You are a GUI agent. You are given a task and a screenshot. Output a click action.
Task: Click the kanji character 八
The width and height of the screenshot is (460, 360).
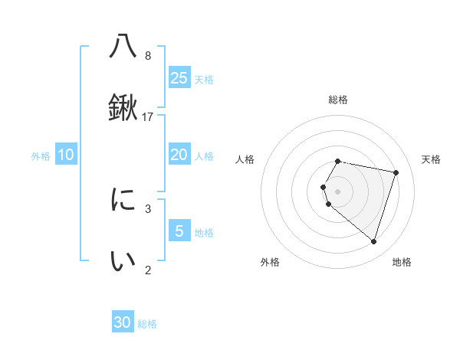(x=123, y=47)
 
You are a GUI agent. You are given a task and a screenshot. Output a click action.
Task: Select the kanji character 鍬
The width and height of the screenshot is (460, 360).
(x=123, y=107)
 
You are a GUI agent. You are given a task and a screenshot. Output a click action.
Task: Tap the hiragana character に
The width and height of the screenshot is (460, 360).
(x=123, y=201)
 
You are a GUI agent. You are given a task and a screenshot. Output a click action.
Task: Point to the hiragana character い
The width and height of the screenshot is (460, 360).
(x=123, y=260)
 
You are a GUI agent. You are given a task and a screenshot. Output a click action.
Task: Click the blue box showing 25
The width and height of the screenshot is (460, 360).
(x=179, y=77)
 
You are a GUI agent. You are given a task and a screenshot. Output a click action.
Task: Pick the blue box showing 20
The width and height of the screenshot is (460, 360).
(x=179, y=155)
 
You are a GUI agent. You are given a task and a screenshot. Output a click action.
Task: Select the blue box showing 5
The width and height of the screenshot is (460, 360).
(x=179, y=231)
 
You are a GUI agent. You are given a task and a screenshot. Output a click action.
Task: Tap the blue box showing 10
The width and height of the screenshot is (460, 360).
(x=66, y=155)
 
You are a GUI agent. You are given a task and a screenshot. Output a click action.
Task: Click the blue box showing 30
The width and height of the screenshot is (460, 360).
(x=123, y=322)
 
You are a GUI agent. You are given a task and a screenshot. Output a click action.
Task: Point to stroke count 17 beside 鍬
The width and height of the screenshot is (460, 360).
(x=149, y=116)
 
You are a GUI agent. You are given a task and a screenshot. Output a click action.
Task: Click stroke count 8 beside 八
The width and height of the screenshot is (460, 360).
(x=148, y=56)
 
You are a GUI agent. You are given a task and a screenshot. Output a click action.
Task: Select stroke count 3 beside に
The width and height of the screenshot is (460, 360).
(x=148, y=208)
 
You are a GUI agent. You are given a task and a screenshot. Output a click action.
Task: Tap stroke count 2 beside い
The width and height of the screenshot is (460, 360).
(x=148, y=270)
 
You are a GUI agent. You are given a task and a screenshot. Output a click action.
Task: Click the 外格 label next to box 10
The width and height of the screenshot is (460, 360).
(x=41, y=156)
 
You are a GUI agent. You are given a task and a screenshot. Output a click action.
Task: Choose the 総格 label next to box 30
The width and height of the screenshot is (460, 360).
(x=147, y=324)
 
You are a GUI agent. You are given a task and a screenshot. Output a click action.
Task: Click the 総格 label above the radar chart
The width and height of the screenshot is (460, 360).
(x=338, y=100)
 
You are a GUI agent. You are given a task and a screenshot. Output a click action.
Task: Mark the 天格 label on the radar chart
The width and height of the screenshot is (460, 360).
(x=431, y=159)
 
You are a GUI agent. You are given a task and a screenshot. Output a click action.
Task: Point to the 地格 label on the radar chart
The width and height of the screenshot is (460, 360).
(x=402, y=262)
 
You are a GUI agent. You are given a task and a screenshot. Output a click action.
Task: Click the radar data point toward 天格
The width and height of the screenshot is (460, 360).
(x=396, y=172)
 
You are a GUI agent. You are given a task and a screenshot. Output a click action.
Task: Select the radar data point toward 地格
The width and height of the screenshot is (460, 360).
(x=373, y=241)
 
